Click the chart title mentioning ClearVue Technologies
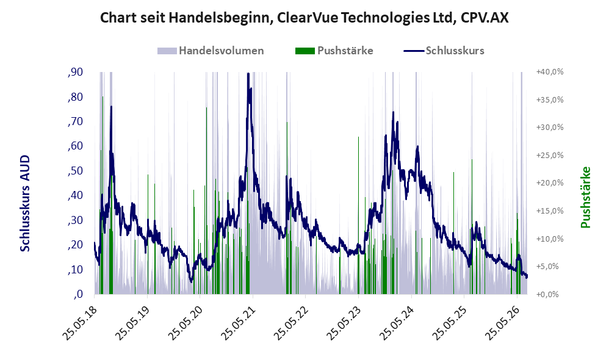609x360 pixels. click(x=304, y=18)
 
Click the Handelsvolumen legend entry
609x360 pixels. click(x=211, y=51)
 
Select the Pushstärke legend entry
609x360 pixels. click(x=334, y=51)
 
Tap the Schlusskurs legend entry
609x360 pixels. click(x=444, y=51)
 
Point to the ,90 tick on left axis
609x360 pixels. click(x=75, y=72)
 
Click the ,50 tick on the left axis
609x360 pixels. click(x=75, y=170)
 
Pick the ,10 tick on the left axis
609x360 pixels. click(x=75, y=269)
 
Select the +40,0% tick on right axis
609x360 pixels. click(x=550, y=72)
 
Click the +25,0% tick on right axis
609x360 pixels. click(x=550, y=156)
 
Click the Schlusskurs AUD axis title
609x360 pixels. click(x=25, y=203)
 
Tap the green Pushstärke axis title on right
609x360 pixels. click(x=585, y=197)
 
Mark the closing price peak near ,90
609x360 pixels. click(x=248, y=74)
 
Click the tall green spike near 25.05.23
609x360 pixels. click(x=358, y=215)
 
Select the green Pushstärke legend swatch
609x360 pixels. click(x=305, y=51)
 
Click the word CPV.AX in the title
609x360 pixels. click(x=484, y=18)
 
